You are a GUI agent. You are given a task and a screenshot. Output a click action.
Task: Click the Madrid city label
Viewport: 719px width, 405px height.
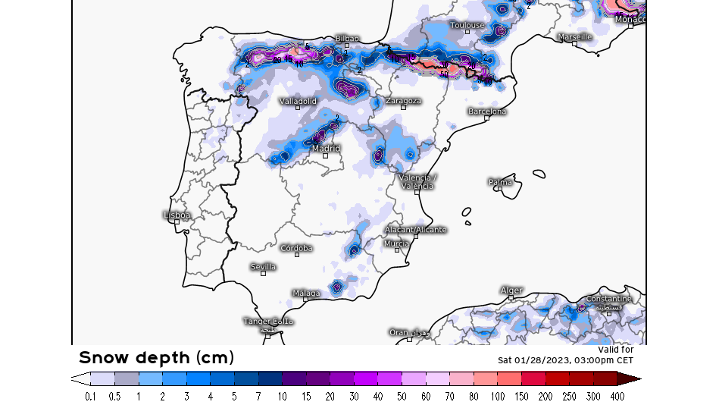[x=327, y=149]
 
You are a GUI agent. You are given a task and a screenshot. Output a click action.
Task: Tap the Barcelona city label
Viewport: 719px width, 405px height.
[x=487, y=111]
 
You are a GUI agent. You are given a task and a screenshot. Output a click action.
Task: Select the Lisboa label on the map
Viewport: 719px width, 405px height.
[x=177, y=215]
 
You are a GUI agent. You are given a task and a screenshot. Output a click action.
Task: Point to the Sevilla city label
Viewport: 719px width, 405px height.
[x=264, y=267]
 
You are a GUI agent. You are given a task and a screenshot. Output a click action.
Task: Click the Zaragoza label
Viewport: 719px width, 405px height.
[x=403, y=101]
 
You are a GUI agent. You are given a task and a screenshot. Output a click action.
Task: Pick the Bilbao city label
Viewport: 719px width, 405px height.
[x=347, y=39]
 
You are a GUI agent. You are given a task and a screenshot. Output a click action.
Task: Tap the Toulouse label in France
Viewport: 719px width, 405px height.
[x=467, y=25]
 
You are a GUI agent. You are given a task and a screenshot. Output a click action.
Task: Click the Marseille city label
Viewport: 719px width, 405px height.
[x=574, y=36]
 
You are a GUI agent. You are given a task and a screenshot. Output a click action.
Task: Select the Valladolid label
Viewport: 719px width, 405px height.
[x=298, y=101]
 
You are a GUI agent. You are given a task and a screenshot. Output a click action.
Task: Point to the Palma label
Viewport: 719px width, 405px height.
[x=500, y=182]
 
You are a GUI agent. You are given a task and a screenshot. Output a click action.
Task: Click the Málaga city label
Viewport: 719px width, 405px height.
[x=306, y=293]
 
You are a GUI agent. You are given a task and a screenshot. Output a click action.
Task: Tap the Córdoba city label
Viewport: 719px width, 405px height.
[x=296, y=248]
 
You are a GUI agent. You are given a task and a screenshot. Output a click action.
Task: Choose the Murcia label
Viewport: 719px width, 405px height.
[x=396, y=243]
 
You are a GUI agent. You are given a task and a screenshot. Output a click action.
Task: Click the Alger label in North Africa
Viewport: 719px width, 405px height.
[x=511, y=290]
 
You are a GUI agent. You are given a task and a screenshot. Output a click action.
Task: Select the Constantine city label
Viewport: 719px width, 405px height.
[x=608, y=299]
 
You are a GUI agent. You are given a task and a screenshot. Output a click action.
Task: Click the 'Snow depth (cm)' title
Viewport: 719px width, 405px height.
[x=156, y=357]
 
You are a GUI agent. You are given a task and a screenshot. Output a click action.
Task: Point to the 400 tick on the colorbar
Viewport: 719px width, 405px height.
[x=617, y=396]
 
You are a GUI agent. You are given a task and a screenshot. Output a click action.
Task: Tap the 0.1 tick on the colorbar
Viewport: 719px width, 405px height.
[x=90, y=396]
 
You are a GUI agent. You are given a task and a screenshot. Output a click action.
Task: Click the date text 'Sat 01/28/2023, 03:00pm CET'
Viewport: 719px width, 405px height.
[x=565, y=359]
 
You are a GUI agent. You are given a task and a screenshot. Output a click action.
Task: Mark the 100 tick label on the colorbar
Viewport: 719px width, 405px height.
[x=499, y=396]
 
